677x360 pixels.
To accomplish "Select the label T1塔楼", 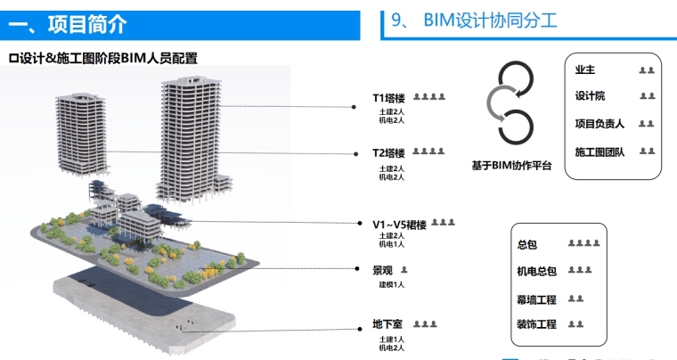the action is click(x=388, y=98).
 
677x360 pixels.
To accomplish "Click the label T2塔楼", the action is click(x=388, y=153).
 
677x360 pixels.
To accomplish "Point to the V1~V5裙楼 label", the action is click(x=399, y=224).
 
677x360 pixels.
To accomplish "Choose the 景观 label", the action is click(x=383, y=269).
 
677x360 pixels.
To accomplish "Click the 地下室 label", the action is click(x=387, y=324).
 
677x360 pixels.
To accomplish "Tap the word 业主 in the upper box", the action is click(x=585, y=70).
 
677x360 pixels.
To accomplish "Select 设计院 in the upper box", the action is click(x=590, y=96).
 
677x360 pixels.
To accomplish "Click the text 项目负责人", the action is click(x=600, y=124).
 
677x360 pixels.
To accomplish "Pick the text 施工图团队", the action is click(x=600, y=152).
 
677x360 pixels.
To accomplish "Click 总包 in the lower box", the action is click(x=526, y=243).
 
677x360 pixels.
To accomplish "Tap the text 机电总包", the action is click(x=536, y=271).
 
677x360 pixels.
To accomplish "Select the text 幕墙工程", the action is click(x=536, y=299).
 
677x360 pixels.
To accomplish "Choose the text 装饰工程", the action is click(x=536, y=324).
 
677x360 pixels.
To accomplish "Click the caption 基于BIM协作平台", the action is click(x=511, y=166).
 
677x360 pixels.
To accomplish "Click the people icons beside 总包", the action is click(x=583, y=243).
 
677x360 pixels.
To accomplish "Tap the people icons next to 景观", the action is click(x=404, y=269).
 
